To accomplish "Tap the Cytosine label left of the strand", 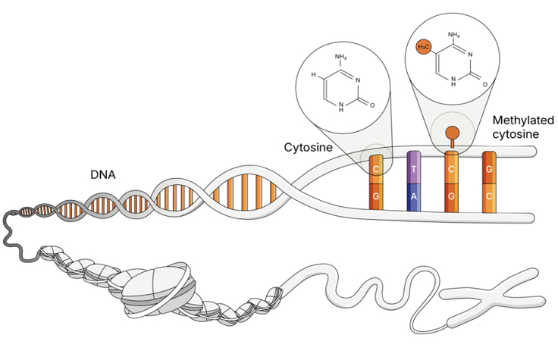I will click(x=309, y=146).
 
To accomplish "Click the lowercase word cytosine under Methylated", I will click(x=516, y=134).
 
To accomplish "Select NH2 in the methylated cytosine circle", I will click(x=456, y=34).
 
